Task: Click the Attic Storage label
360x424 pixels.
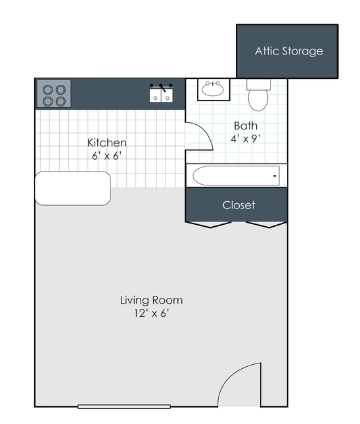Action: tap(289, 51)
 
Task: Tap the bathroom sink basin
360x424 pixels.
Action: tap(213, 89)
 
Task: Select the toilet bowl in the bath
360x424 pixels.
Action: tap(258, 100)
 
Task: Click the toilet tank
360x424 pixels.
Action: tap(259, 84)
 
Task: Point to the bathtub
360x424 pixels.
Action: tap(236, 176)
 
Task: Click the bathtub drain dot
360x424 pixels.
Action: tap(275, 176)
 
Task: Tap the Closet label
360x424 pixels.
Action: tap(238, 205)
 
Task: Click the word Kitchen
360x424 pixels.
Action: tap(107, 143)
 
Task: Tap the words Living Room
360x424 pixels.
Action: tap(151, 300)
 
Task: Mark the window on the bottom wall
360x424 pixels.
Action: tap(124, 406)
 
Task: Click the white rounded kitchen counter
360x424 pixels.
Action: tap(73, 188)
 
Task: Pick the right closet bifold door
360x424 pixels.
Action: tap(267, 224)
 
